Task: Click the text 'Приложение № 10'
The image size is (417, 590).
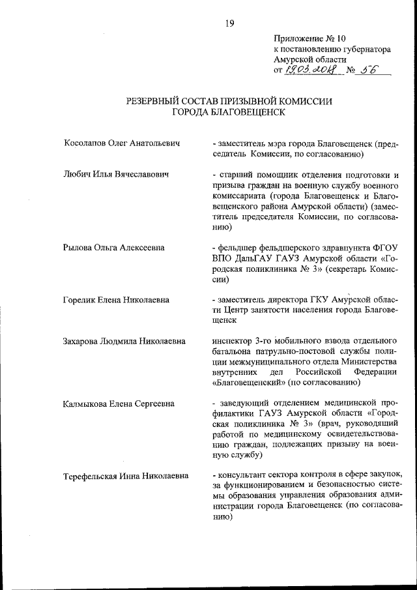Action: click(306, 38)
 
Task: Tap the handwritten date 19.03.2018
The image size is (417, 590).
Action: click(313, 70)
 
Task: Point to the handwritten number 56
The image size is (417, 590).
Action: click(370, 70)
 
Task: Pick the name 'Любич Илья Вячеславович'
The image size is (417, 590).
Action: click(117, 175)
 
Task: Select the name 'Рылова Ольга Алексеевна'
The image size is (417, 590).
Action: click(113, 248)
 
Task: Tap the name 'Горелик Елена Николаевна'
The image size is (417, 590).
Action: click(117, 300)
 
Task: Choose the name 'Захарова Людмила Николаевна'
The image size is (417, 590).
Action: click(124, 341)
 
